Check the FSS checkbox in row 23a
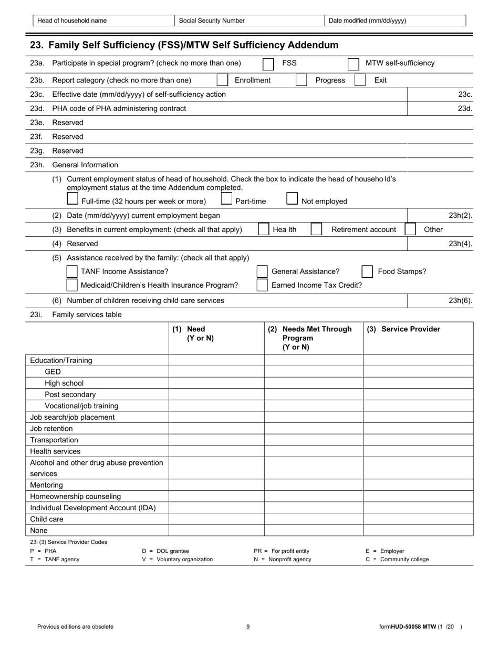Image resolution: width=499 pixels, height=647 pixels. coord(268,64)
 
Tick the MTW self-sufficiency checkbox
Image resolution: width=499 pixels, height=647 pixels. coord(354,64)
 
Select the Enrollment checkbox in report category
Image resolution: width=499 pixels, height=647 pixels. coord(222,80)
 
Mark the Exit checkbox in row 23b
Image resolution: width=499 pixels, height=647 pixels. coord(360,80)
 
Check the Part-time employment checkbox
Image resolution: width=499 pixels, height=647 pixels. coord(226,199)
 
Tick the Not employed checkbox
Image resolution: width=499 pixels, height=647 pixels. coord(292,199)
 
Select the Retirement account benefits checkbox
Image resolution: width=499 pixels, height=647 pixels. coord(316,229)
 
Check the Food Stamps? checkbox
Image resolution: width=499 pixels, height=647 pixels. coord(368,271)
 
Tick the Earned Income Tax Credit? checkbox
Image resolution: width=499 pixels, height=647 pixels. coord(262,285)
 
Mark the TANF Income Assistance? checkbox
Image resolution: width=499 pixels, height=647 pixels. coord(72,271)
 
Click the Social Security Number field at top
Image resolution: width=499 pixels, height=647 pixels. coord(249,21)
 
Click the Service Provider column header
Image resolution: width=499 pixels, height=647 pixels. coord(403,329)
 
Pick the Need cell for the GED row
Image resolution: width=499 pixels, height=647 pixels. coord(216,372)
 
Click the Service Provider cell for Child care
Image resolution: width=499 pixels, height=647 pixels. coord(418,519)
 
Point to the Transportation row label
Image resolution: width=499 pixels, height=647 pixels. coord(54,440)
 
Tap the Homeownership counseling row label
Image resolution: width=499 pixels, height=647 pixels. coord(76,497)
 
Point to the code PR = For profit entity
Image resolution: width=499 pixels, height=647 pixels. coord(282,551)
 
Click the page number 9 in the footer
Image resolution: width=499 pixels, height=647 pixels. coord(248,626)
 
